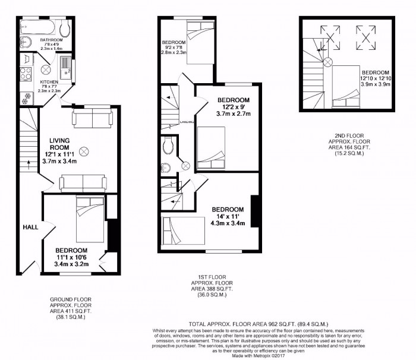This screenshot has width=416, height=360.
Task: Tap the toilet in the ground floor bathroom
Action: click(66, 30)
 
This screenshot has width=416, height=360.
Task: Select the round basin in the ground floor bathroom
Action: click(25, 42)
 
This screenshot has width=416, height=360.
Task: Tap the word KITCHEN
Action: click(49, 82)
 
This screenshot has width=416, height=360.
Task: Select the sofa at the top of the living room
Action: click(92, 118)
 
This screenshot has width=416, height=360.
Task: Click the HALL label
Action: click(30, 227)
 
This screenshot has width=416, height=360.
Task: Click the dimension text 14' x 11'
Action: click(228, 217)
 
